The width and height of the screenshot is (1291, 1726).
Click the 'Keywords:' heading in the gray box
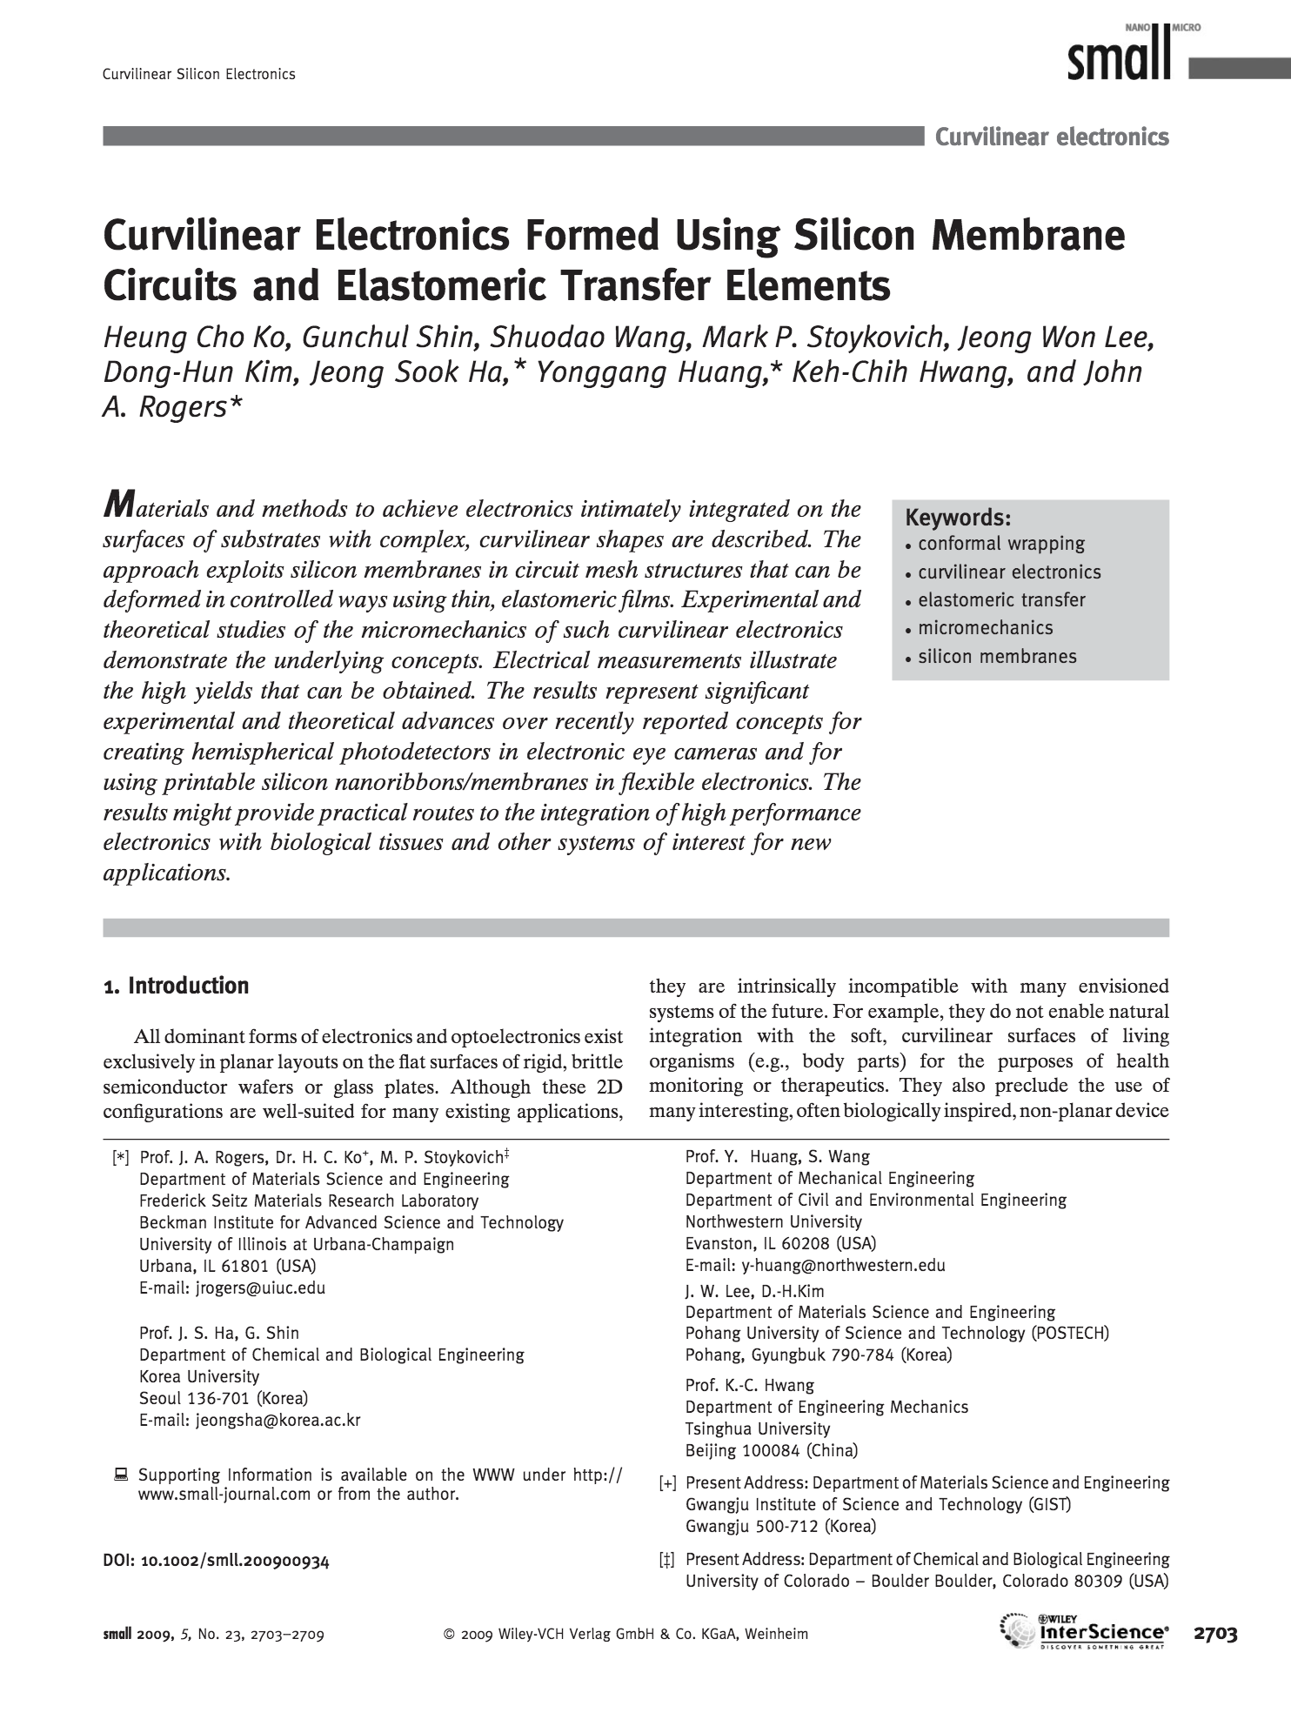[958, 518]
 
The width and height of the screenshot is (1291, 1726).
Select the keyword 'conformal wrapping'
[1001, 545]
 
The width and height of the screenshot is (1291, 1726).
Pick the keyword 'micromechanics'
[986, 628]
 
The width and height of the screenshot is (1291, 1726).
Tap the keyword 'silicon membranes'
[997, 657]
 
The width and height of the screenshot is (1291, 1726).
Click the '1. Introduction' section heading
[176, 986]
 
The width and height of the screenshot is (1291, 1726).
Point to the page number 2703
[1215, 1634]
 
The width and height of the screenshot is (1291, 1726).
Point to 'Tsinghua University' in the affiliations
[758, 1428]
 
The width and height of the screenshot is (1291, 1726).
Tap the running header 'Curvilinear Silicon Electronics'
[199, 74]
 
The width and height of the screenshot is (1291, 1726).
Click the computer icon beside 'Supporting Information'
[121, 1475]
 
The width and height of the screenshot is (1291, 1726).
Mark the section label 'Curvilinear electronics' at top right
[1052, 137]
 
